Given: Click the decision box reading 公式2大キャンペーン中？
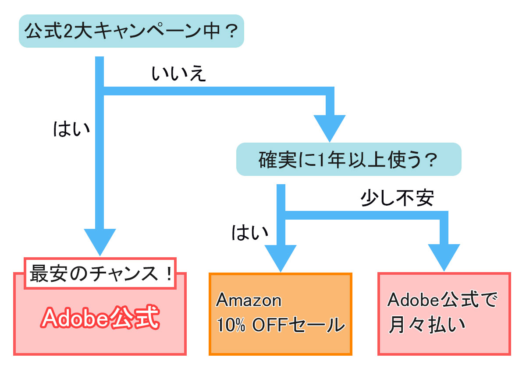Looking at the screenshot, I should pos(131,31).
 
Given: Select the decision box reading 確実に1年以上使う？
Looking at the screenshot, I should pos(348,159).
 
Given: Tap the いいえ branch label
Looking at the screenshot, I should pos(178,74).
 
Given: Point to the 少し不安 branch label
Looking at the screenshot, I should pos(397,198).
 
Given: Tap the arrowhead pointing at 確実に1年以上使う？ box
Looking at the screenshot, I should pos(330,127).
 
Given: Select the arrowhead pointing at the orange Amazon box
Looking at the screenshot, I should pos(281,258).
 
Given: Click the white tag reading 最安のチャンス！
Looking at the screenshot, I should pos(100,274).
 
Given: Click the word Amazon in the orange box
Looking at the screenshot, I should pos(249,301).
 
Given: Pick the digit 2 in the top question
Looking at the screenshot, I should pos(68,32).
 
